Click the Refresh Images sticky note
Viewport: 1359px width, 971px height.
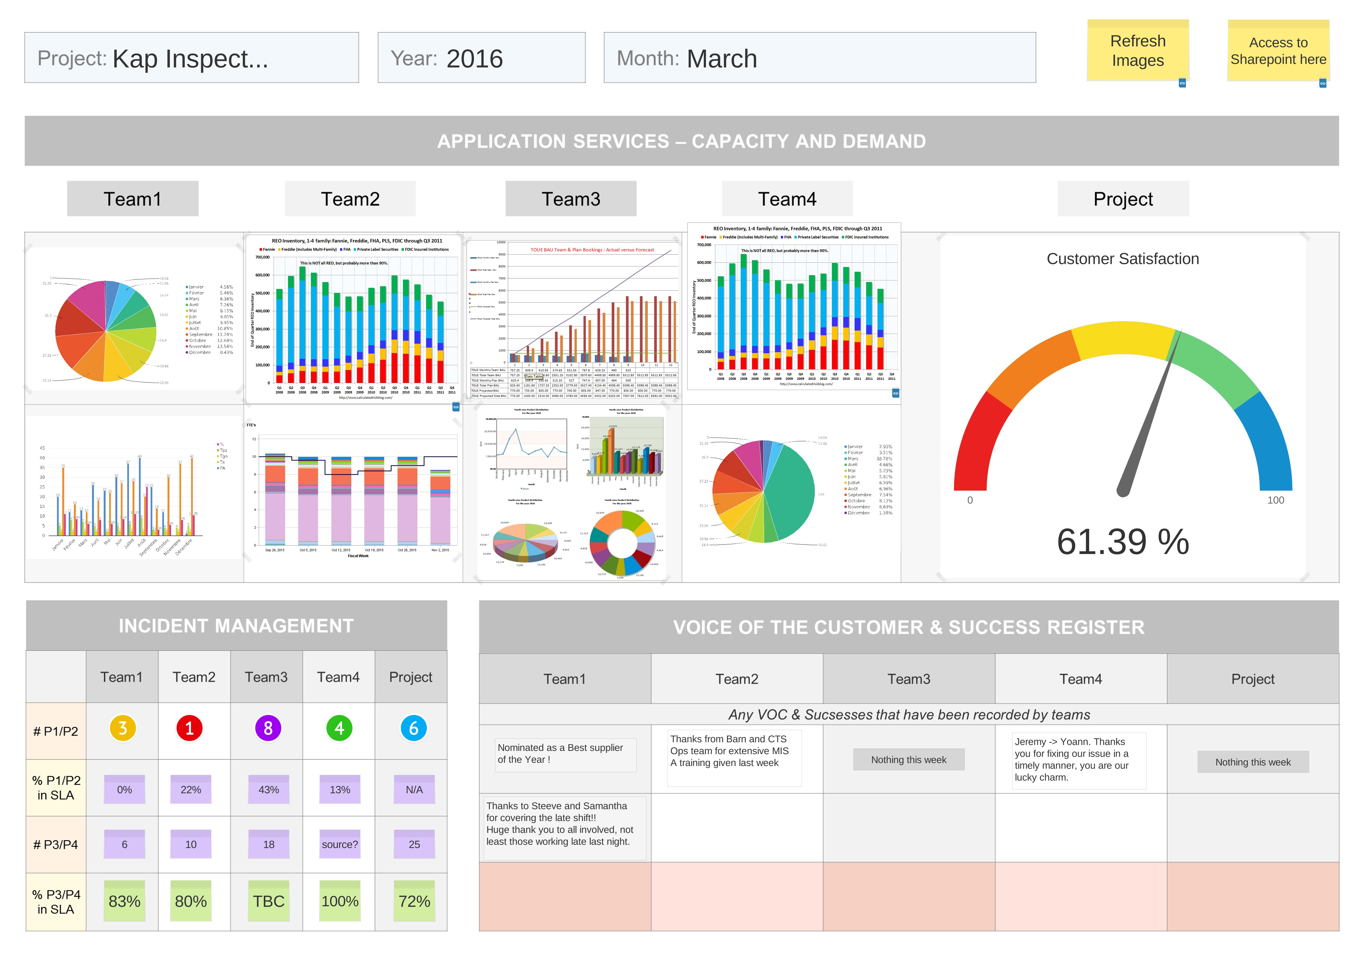point(1137,51)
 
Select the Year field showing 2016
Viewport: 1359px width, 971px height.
point(481,58)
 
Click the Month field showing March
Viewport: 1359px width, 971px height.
point(819,58)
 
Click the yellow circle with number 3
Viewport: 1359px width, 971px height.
point(122,728)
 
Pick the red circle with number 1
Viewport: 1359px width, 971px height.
point(190,728)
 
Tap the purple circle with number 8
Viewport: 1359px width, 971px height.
point(268,728)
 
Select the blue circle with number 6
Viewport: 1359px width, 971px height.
point(414,728)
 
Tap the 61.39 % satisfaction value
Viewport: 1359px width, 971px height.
point(1122,542)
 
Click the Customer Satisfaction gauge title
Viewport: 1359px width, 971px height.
point(1122,259)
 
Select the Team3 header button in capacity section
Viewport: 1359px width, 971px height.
point(571,199)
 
